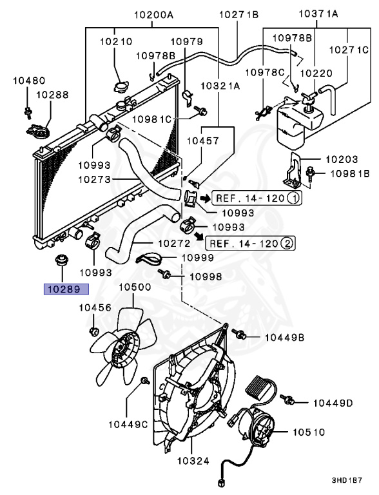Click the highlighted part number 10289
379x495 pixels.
(x=66, y=289)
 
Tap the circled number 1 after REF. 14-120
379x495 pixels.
(x=293, y=199)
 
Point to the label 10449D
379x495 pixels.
(x=333, y=403)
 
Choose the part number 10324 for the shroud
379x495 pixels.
(x=193, y=461)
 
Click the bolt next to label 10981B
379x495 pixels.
(x=313, y=172)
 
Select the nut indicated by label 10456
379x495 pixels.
(x=93, y=333)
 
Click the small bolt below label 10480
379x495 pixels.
(x=28, y=112)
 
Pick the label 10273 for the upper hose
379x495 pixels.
(x=93, y=180)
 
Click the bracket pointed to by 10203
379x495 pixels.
(x=295, y=168)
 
